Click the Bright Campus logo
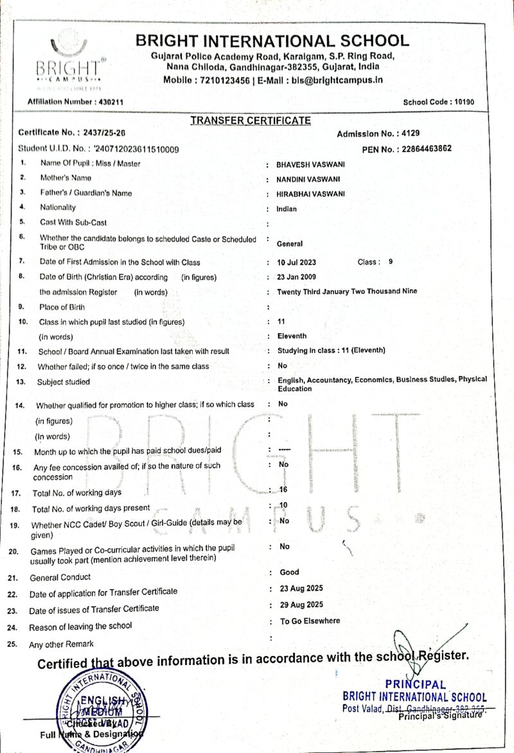(x=68, y=61)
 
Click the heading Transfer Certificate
(x=251, y=121)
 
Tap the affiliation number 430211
(x=111, y=102)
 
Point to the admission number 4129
(x=409, y=134)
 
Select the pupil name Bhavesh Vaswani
(x=308, y=164)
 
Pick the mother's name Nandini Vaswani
(x=308, y=179)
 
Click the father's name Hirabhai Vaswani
(x=310, y=194)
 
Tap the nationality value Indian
(x=287, y=209)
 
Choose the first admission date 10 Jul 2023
(x=296, y=263)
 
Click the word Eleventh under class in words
(x=292, y=336)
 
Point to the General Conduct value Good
(x=289, y=572)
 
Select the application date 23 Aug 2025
(x=301, y=588)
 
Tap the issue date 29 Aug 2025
(x=301, y=605)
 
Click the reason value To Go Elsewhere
(x=310, y=621)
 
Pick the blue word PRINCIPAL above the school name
(x=416, y=685)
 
